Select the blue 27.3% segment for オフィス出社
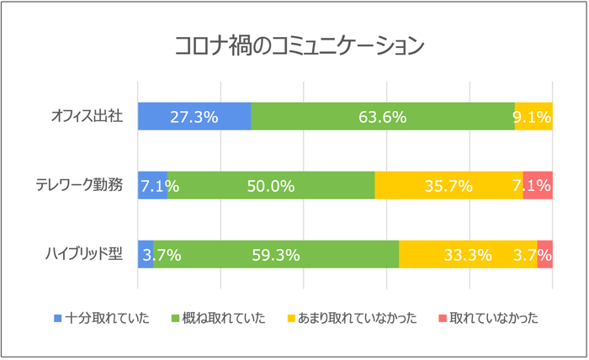194,117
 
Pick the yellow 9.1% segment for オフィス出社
533,117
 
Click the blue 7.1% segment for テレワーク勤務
152,186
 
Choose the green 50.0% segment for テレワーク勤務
271,186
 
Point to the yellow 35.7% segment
448,186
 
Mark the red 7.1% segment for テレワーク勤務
538,186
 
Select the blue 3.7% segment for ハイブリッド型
145,255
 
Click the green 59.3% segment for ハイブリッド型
276,255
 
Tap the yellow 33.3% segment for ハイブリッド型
468,255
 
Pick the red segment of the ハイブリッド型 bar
544,255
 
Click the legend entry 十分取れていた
107,318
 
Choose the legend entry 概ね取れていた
224,318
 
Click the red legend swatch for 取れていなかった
443,318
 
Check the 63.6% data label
382,117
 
